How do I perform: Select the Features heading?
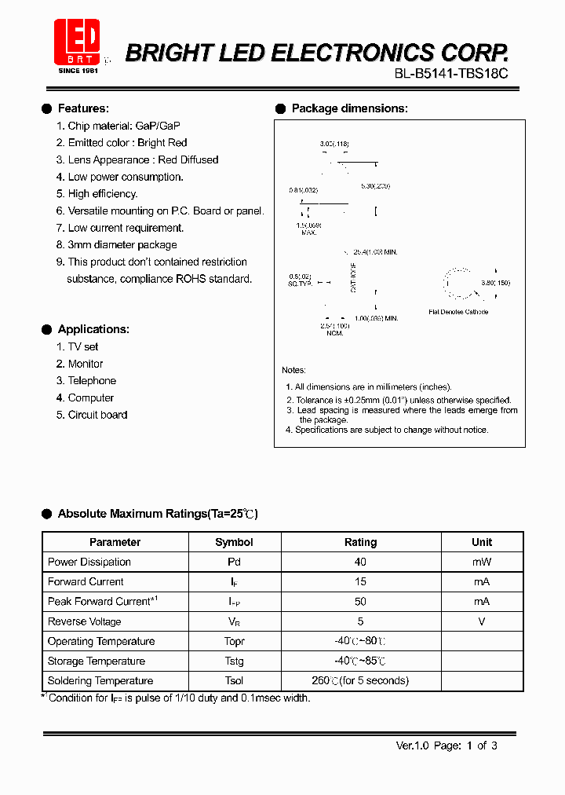click(x=83, y=108)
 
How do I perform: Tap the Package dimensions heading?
click(x=349, y=108)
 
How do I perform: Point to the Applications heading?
click(x=93, y=329)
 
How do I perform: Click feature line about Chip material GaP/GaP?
click(x=118, y=126)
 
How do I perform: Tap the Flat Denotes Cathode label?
click(x=458, y=312)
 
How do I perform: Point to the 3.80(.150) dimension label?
click(x=495, y=282)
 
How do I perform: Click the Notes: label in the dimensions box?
click(x=294, y=370)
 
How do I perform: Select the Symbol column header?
click(x=234, y=542)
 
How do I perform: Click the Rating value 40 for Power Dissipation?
click(x=360, y=562)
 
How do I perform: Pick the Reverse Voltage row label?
click(x=85, y=621)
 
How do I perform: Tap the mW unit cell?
click(x=481, y=562)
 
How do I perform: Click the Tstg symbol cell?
click(x=234, y=661)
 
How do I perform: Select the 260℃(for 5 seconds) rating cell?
click(x=360, y=681)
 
